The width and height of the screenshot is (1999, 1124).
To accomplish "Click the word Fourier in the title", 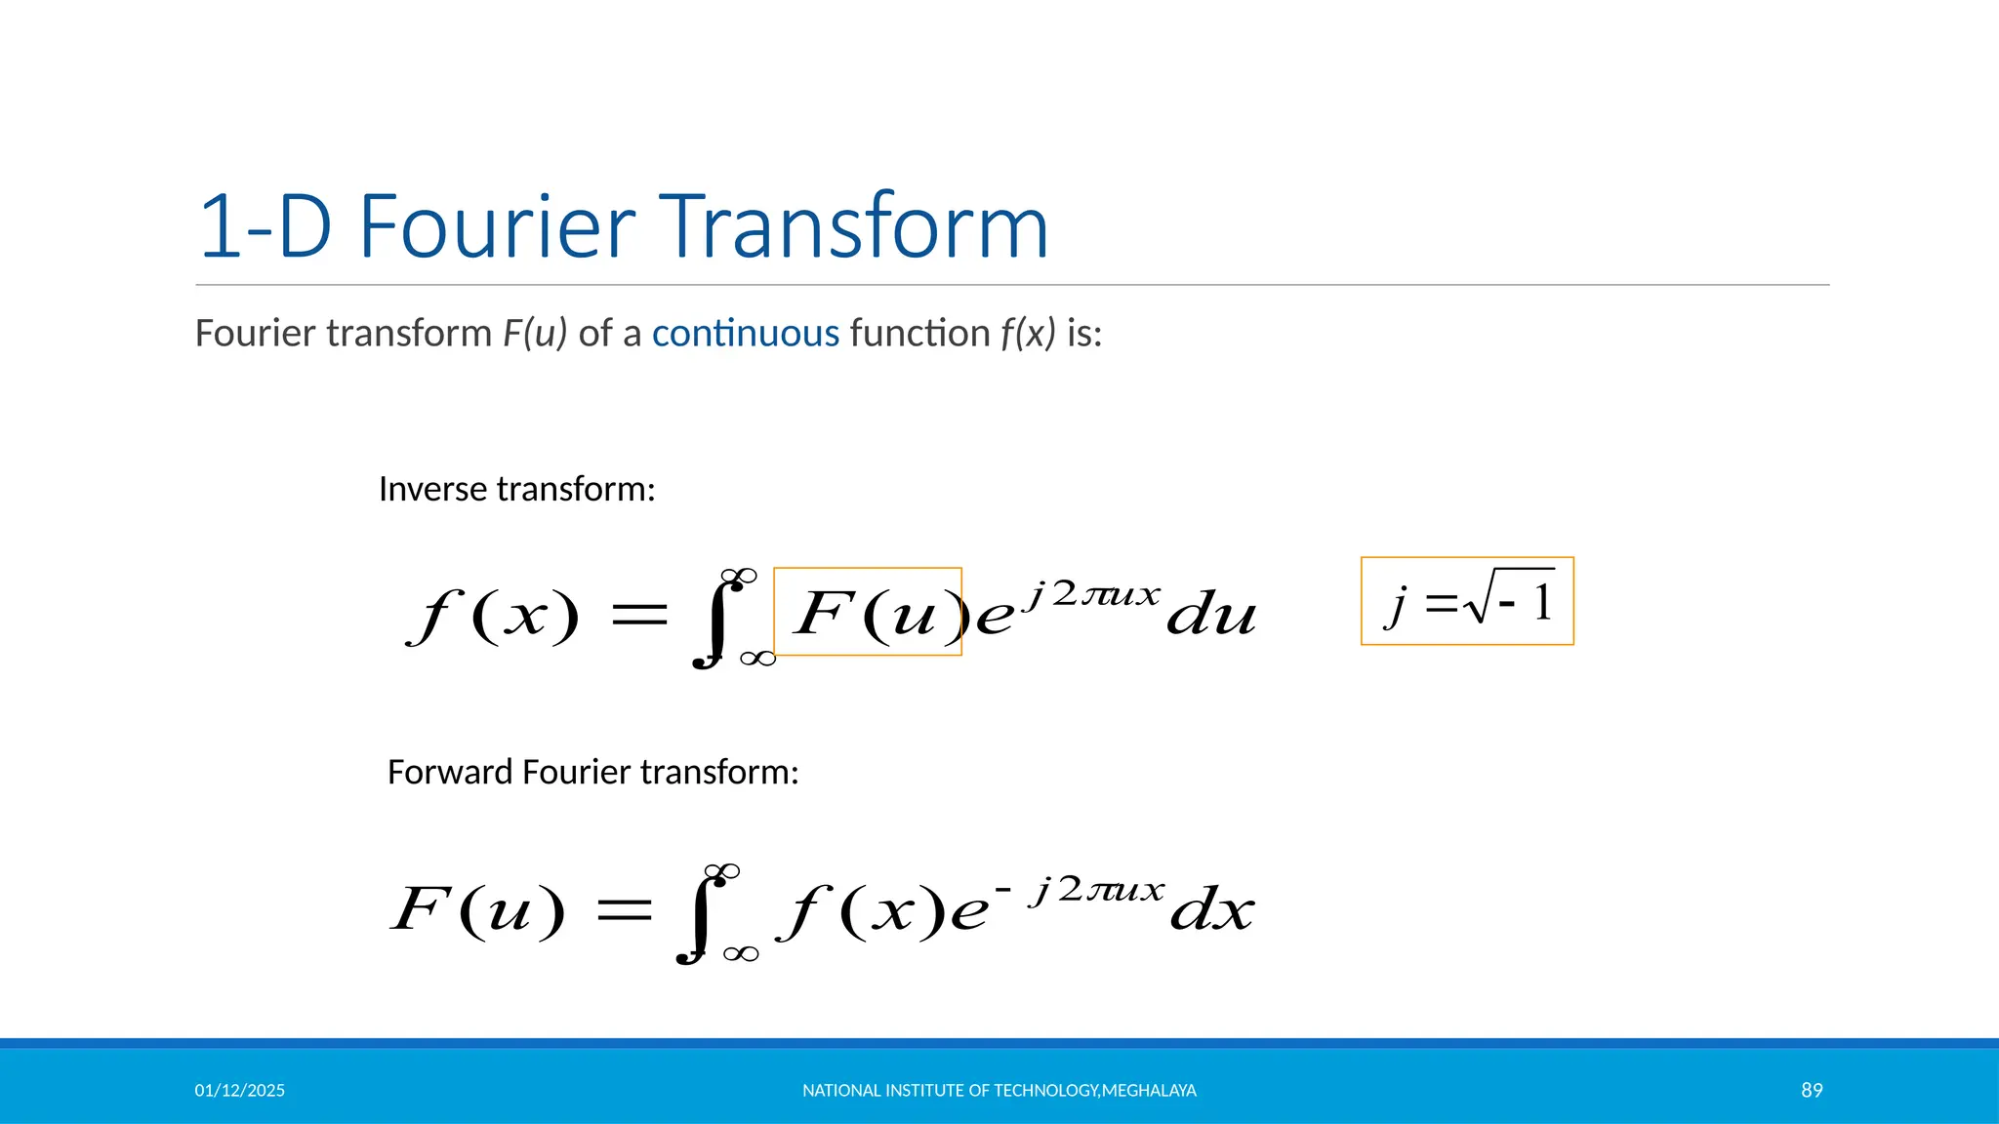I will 498,226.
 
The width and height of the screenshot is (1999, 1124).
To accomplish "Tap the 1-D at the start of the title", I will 265,226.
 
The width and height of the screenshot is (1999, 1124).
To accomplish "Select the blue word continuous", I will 746,334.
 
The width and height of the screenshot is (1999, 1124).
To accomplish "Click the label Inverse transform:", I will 516,489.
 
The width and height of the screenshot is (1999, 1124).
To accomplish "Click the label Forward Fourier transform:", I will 592,772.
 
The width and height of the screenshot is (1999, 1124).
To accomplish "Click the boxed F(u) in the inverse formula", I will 868,613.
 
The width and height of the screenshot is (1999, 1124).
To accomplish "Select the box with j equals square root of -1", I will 1467,602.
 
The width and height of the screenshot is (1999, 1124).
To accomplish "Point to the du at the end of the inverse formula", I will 1211,615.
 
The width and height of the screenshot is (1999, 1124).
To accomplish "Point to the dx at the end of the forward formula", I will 1211,910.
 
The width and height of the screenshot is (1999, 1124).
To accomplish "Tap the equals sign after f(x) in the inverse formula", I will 638,615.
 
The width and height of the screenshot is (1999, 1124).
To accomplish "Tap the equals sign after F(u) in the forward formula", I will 624,910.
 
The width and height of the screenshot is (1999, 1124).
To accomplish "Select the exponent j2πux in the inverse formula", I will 1093,593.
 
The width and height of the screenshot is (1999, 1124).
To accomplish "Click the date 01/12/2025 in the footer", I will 239,1091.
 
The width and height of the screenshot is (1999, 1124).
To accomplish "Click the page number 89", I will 1812,1091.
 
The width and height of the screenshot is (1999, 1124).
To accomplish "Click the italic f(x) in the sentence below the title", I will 1028,334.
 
